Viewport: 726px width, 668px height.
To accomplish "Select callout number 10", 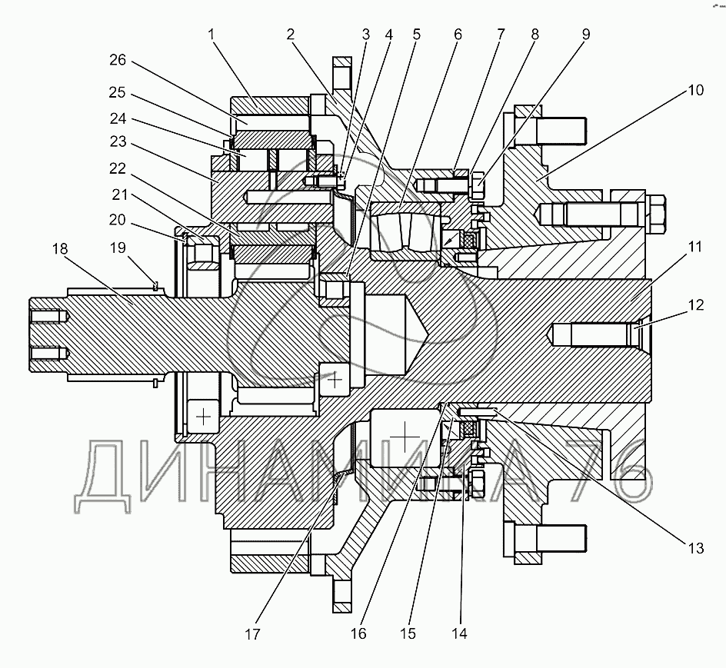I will click(x=694, y=91).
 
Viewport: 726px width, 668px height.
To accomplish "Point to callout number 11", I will click(x=694, y=248).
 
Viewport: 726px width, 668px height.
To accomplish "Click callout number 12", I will click(x=694, y=305).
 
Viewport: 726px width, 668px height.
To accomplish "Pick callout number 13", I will click(x=694, y=548).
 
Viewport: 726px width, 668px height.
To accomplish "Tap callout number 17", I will click(x=253, y=634).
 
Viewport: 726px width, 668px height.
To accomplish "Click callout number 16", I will click(x=358, y=634).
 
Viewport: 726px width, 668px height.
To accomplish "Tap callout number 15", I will click(x=408, y=634).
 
